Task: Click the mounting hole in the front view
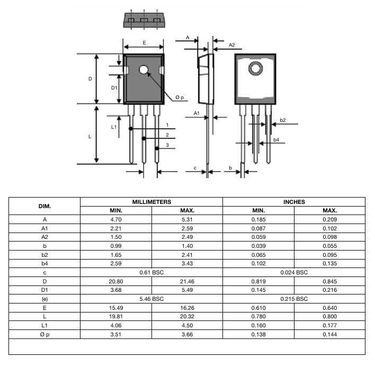[x=144, y=70]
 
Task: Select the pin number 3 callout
[x=167, y=145]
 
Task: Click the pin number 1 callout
[x=167, y=126]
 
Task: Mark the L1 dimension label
[x=113, y=127]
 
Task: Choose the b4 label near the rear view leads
[x=276, y=140]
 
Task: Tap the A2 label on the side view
[x=232, y=46]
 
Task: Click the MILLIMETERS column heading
[x=151, y=202]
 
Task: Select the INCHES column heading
[x=294, y=202]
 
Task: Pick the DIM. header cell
[x=44, y=206]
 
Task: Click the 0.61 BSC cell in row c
[x=151, y=273]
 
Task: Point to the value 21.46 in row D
[x=187, y=282]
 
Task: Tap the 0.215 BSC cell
[x=294, y=299]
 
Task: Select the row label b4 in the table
[x=44, y=264]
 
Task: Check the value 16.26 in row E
[x=187, y=308]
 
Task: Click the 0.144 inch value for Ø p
[x=329, y=334]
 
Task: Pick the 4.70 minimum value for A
[x=115, y=219]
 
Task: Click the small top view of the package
[x=143, y=20]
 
